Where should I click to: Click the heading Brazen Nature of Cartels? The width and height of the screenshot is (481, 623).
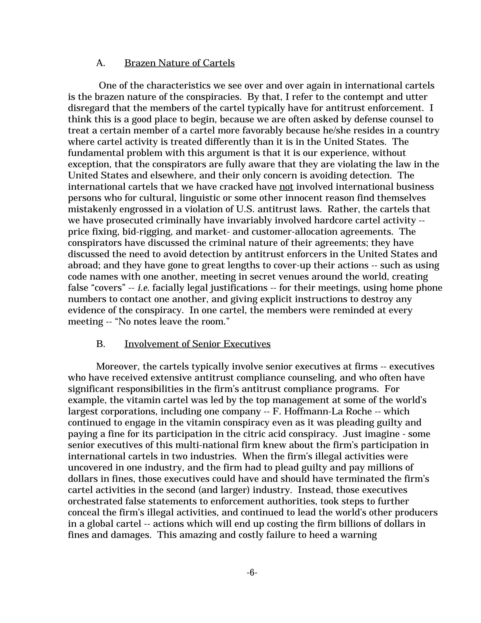(179, 63)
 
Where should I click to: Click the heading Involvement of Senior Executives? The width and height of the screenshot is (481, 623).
(197, 344)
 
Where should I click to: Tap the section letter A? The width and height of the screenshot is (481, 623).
(100, 63)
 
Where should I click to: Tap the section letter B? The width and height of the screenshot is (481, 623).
(100, 344)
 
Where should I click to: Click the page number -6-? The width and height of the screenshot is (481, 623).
(252, 572)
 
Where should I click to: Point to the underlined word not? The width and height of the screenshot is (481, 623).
(286, 187)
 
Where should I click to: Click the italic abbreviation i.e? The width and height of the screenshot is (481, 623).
(143, 288)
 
